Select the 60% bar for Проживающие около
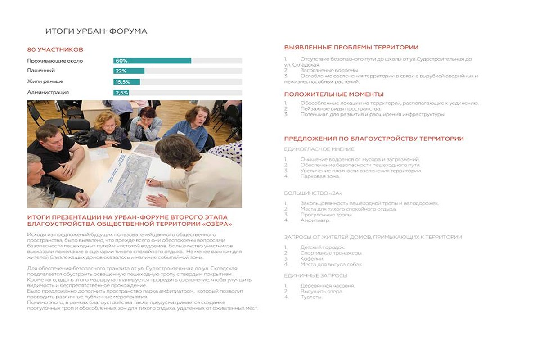[153, 61]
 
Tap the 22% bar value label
[121, 71]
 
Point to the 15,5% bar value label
[122, 82]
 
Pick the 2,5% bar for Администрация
[121, 93]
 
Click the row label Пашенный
[41, 71]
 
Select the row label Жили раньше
[45, 81]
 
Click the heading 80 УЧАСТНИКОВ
[55, 49]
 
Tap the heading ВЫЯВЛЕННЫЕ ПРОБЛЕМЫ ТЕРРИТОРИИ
[351, 47]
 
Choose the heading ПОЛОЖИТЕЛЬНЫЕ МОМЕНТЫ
[333, 94]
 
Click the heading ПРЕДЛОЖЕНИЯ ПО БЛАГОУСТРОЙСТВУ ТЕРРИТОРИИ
[373, 139]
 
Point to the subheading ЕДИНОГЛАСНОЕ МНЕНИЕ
[319, 149]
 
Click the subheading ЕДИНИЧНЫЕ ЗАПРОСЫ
[315, 275]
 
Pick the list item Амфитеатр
[315, 220]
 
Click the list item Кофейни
[312, 259]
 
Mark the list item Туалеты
[311, 297]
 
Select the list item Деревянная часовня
[327, 286]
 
